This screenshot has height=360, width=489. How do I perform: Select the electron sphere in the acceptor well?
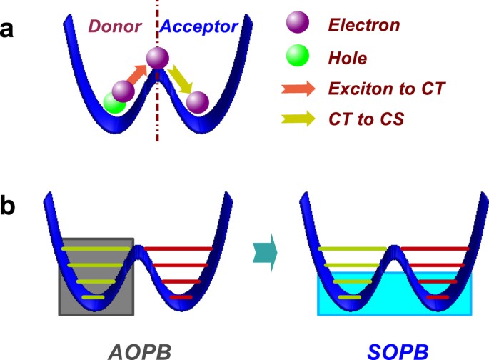198,104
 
